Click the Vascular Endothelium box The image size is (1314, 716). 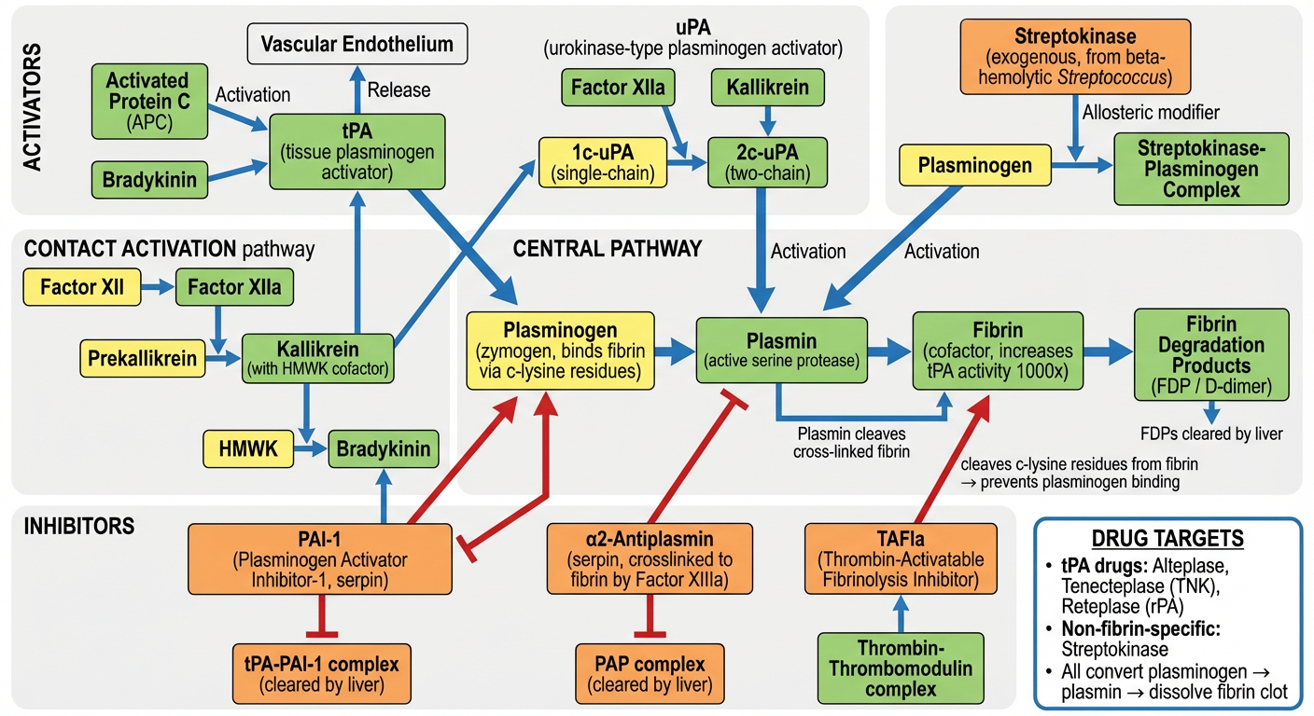(x=357, y=44)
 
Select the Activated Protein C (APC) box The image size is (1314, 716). (x=147, y=102)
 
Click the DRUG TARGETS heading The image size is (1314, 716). (x=1167, y=540)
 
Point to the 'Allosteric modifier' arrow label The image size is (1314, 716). (x=1151, y=113)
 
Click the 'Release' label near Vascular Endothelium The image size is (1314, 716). (x=398, y=90)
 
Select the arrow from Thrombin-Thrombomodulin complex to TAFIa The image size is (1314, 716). (x=901, y=613)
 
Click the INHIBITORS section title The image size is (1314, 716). (x=78, y=526)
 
